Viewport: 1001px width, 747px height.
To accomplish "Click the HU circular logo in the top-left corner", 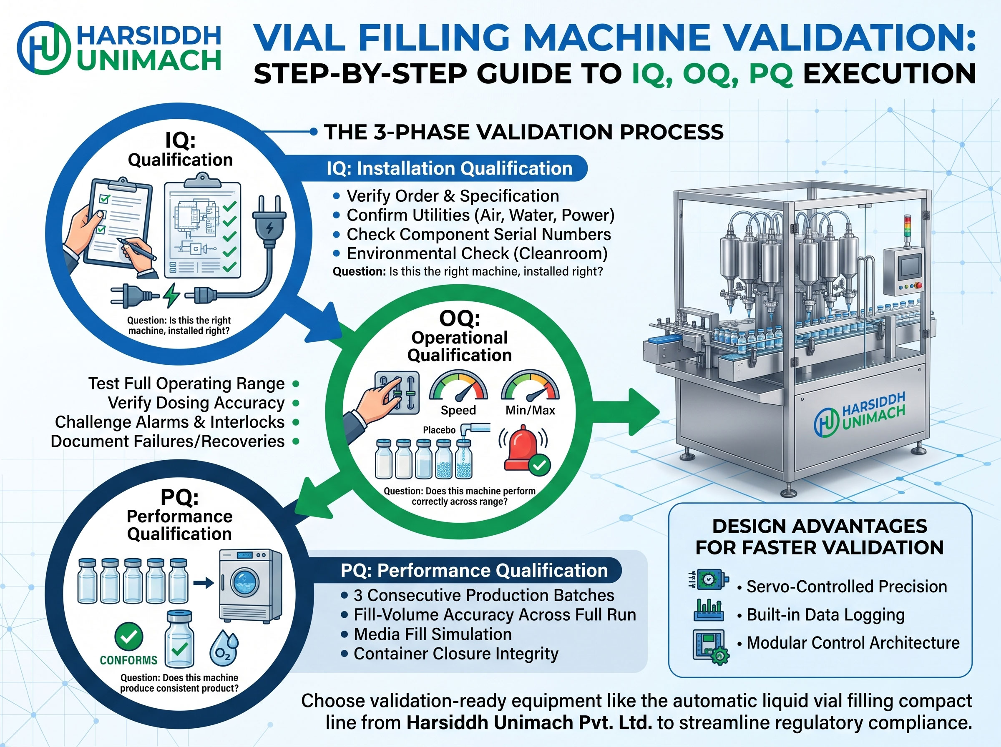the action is click(x=44, y=48).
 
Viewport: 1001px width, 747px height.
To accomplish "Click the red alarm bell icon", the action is click(x=524, y=448).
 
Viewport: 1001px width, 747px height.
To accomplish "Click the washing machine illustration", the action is click(x=251, y=586).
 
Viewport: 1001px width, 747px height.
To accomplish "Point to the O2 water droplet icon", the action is click(x=224, y=647).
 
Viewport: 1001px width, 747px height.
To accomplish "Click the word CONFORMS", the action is click(x=128, y=660).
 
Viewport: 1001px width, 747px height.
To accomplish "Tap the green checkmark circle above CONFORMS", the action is click(x=129, y=637).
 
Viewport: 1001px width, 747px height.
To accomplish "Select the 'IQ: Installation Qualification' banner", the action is click(x=450, y=168).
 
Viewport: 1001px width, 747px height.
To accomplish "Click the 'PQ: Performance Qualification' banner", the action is click(x=474, y=570).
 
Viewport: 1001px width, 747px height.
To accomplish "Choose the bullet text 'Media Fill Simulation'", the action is click(x=433, y=634).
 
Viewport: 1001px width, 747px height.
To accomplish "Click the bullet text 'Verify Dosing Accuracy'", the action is click(x=196, y=402).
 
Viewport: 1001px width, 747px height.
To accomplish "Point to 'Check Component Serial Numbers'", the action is click(x=478, y=234).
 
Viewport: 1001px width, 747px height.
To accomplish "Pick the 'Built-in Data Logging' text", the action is click(x=825, y=614).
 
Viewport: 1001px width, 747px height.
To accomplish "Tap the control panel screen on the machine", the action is click(x=910, y=267).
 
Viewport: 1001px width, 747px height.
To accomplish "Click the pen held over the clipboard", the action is click(x=136, y=249).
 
